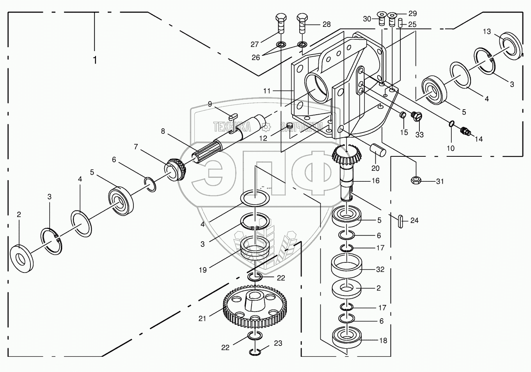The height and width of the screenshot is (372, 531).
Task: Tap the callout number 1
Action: (x=94, y=60)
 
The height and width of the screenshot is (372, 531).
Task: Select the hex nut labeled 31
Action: (x=416, y=180)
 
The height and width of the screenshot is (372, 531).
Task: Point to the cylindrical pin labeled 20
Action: (x=378, y=149)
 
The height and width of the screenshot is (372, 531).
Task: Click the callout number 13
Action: (x=487, y=32)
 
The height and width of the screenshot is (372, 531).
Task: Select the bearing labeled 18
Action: (x=346, y=337)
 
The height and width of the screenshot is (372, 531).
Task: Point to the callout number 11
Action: (x=267, y=91)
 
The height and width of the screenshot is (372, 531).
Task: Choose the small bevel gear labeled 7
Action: (x=176, y=169)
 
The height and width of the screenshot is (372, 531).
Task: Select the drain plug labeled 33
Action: (x=415, y=116)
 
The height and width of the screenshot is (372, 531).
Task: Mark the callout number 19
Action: (x=203, y=269)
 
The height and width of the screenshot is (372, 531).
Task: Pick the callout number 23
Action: (x=278, y=344)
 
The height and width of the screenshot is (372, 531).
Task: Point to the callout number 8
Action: (x=163, y=131)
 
